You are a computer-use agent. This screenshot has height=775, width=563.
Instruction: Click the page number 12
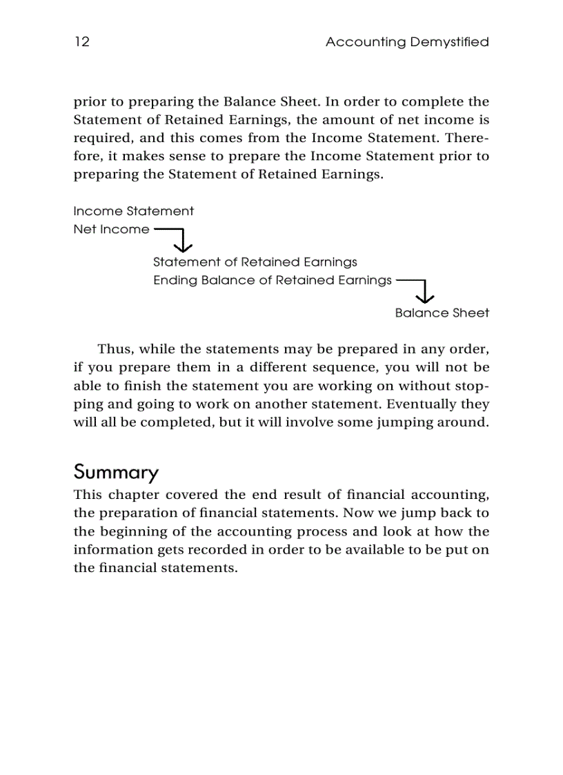[x=81, y=42]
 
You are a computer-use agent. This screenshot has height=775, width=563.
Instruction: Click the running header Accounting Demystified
[x=407, y=42]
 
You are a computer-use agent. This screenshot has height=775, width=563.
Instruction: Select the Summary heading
[x=116, y=473]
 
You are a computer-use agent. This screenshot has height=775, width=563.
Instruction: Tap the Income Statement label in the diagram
[x=133, y=211]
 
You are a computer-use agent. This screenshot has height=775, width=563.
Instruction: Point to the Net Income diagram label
[x=111, y=230]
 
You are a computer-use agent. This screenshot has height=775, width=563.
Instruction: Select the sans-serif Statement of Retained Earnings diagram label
[x=255, y=262]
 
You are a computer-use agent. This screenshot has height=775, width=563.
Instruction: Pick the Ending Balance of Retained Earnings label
[x=272, y=280]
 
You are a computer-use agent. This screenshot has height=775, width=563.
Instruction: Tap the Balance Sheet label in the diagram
[x=442, y=313]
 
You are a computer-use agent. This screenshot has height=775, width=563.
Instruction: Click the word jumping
[x=403, y=422]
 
